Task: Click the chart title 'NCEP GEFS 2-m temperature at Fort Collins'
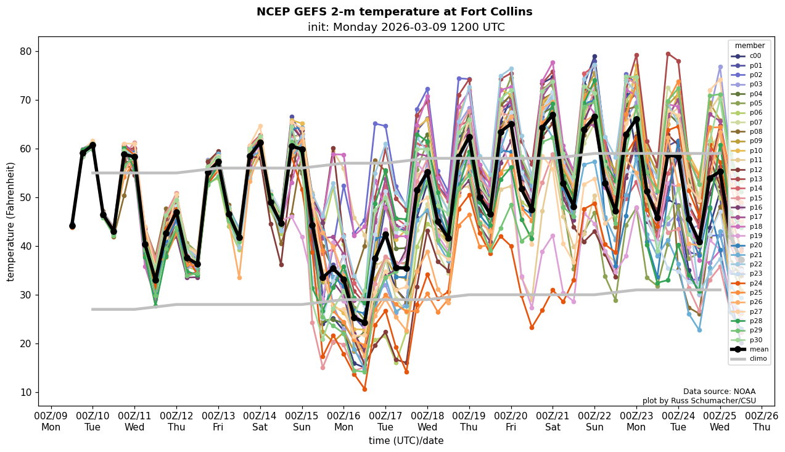(394, 12)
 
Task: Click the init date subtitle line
(406, 27)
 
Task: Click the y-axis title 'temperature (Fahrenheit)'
(10, 221)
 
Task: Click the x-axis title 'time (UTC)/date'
(406, 440)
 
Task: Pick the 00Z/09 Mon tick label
(51, 421)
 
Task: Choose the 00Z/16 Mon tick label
(343, 421)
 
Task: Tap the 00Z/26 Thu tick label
(762, 421)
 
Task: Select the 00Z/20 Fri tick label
(511, 421)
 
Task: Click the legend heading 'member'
(749, 46)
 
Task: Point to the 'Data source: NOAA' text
(719, 392)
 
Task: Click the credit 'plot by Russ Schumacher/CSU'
(699, 401)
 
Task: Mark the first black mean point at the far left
(72, 226)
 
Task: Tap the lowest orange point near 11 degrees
(364, 389)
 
